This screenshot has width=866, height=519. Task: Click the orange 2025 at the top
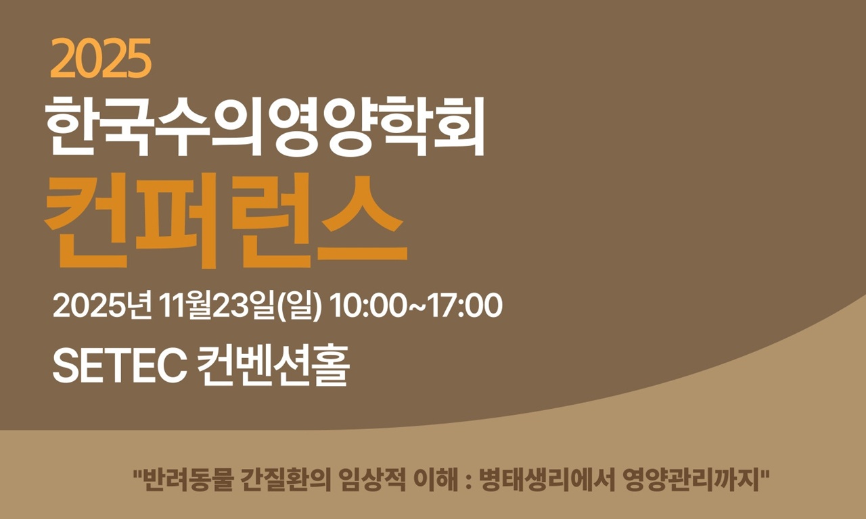[x=100, y=59]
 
